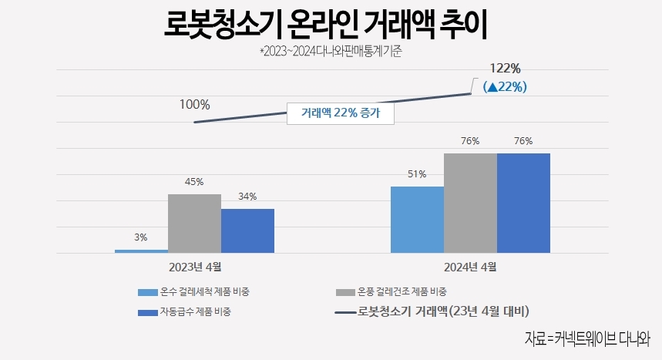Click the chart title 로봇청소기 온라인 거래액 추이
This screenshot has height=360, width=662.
tap(327, 25)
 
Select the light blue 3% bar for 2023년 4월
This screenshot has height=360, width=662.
tap(141, 251)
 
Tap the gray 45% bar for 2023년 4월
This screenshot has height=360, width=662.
tap(194, 223)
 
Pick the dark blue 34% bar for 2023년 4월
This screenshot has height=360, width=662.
tap(247, 230)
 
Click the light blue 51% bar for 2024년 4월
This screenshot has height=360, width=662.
tap(417, 220)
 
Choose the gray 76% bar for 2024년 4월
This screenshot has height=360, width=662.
tap(470, 203)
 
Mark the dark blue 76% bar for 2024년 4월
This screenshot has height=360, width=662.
tap(523, 203)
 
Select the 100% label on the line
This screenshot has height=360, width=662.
tap(194, 104)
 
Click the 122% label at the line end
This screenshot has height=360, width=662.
tap(504, 69)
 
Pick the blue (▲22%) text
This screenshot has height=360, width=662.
tap(504, 87)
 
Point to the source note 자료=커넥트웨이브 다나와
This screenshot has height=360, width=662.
tap(587, 338)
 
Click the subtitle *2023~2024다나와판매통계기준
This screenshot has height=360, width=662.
tap(331, 53)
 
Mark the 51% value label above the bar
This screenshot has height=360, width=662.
tap(417, 174)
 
